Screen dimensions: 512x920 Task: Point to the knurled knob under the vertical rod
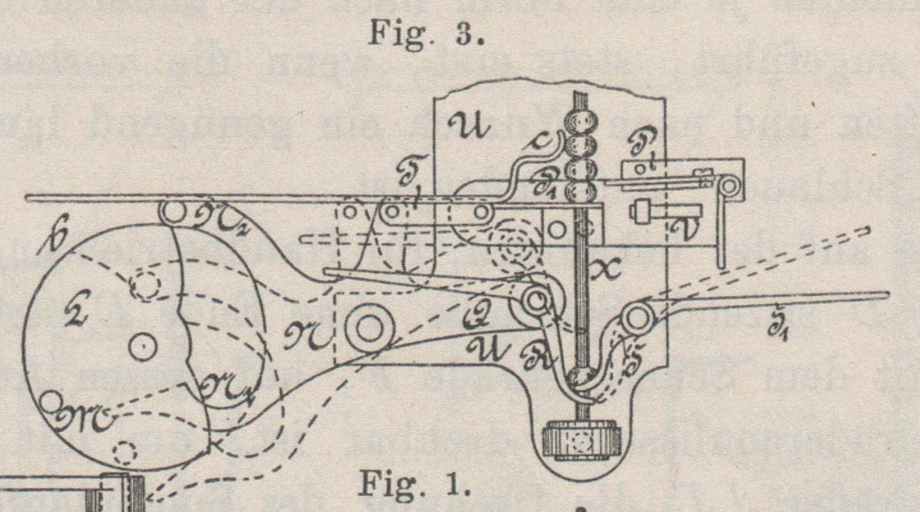tap(581, 440)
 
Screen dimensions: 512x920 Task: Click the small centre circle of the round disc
tap(142, 347)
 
